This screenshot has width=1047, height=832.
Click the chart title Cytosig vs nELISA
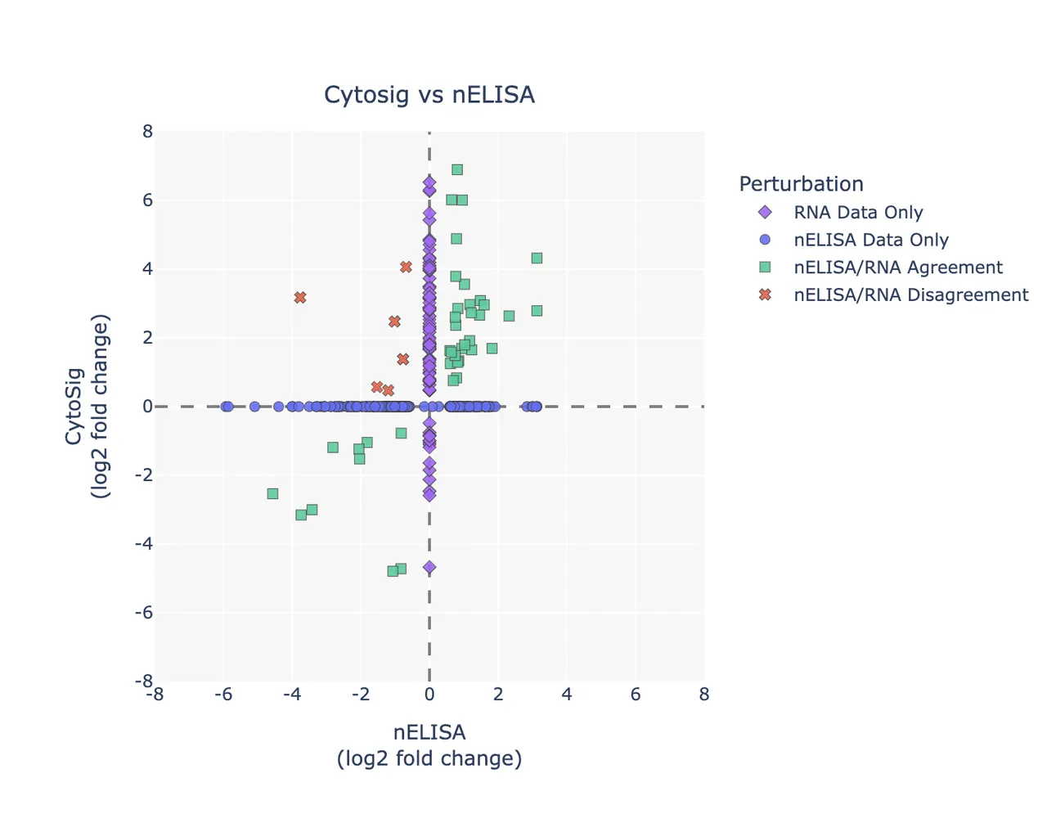click(429, 94)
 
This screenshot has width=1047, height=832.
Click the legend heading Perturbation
click(802, 184)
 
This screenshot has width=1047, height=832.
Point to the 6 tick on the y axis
click(147, 200)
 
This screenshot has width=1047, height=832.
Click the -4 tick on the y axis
click(144, 543)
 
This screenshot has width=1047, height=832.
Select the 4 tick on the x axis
click(567, 695)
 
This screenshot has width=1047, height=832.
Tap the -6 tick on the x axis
click(223, 695)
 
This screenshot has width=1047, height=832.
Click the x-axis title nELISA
click(429, 733)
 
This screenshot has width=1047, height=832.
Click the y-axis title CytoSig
click(74, 407)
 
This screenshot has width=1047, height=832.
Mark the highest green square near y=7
click(457, 170)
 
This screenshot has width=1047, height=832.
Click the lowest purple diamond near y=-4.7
click(429, 567)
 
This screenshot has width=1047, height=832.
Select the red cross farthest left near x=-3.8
click(300, 297)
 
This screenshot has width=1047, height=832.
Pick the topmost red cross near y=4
click(406, 268)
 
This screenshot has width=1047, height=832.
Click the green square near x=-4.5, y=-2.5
click(272, 494)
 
